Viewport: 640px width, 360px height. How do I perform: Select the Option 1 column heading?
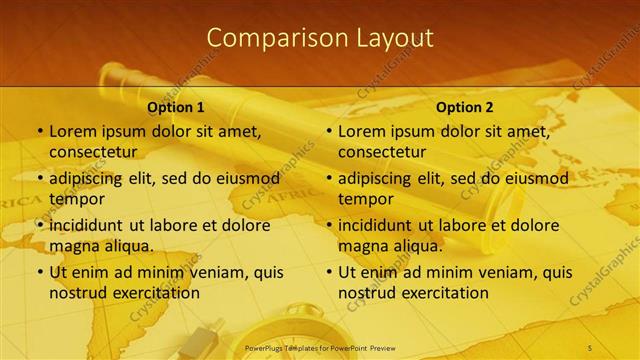(176, 107)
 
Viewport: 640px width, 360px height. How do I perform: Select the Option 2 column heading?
(465, 107)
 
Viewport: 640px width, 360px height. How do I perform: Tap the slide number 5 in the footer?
(590, 346)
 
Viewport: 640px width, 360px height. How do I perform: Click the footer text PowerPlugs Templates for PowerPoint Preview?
(320, 346)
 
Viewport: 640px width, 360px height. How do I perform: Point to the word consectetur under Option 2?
(385, 152)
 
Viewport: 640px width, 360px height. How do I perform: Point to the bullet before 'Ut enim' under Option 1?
(39, 272)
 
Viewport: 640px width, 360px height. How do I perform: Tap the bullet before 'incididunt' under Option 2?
(328, 225)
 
